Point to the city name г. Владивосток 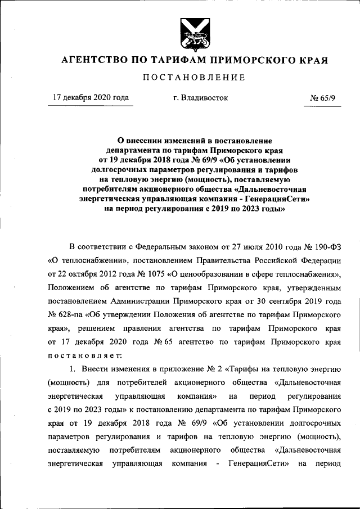[x=201, y=97]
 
